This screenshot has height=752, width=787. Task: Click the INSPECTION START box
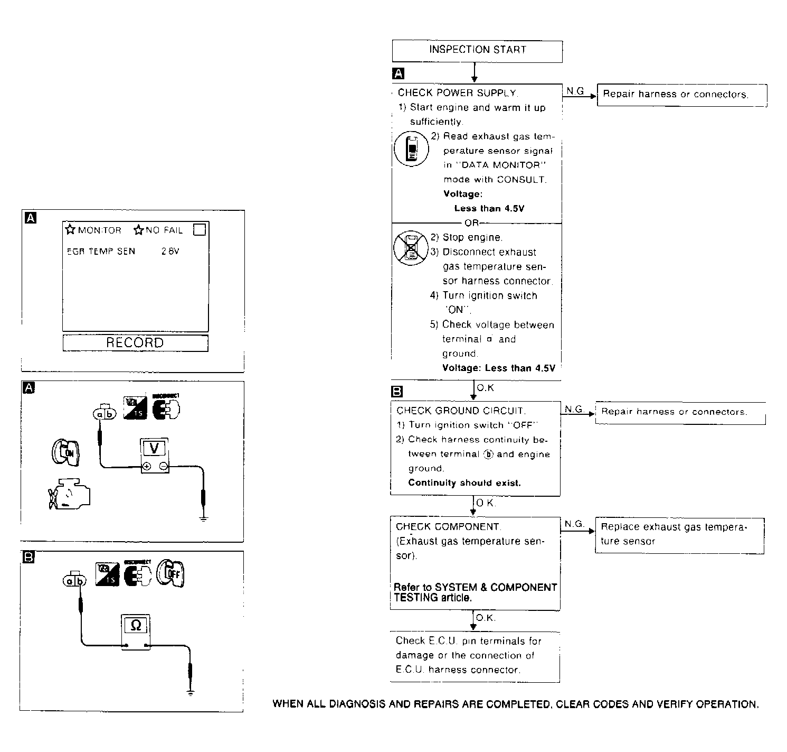click(x=477, y=50)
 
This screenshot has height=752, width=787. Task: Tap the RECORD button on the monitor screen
click(x=135, y=343)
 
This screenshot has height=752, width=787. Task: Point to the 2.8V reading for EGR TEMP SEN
click(x=170, y=252)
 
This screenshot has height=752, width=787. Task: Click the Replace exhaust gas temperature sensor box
click(x=679, y=534)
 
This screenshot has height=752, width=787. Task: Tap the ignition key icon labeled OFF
click(x=171, y=573)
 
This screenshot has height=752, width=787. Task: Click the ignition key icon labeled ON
click(x=65, y=452)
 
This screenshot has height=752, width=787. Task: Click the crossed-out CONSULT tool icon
click(x=411, y=247)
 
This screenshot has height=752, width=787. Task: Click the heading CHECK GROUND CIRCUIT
click(x=460, y=411)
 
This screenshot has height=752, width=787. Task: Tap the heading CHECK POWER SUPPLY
click(x=457, y=93)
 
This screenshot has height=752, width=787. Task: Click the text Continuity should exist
click(x=464, y=483)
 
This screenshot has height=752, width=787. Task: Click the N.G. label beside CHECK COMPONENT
click(x=574, y=524)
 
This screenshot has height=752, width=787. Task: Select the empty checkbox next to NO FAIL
click(x=199, y=230)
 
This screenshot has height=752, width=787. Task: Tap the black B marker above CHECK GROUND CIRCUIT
click(x=396, y=392)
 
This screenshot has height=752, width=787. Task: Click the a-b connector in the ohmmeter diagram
click(x=74, y=581)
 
